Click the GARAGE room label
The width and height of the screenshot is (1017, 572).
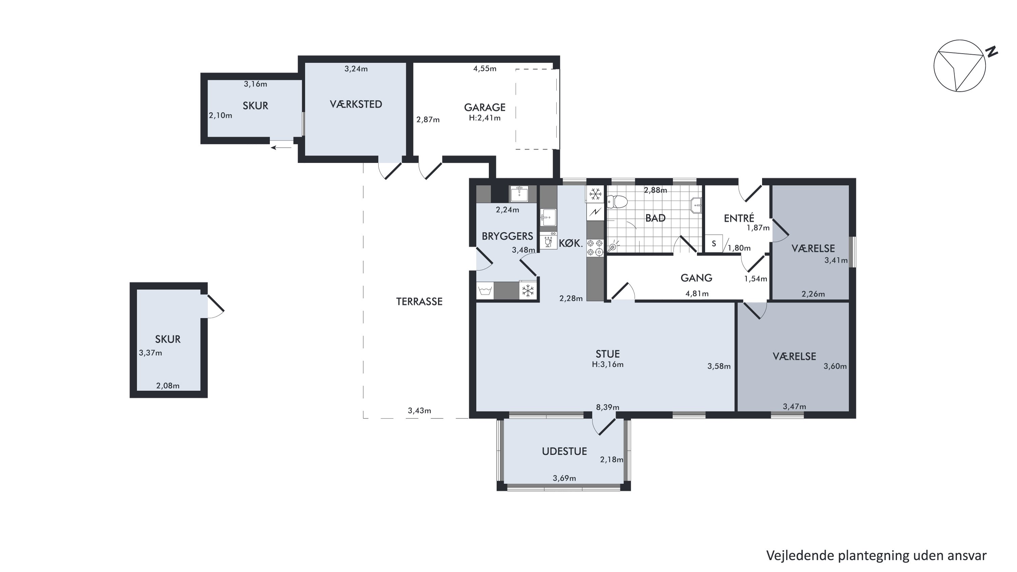(x=484, y=107)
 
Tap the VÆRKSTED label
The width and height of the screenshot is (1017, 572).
(x=356, y=104)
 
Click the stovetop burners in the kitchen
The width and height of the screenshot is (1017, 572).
(x=595, y=248)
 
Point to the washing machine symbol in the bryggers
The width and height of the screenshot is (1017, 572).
(x=485, y=291)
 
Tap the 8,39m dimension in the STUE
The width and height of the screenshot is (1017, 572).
(x=607, y=407)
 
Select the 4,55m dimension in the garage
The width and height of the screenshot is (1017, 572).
(x=485, y=69)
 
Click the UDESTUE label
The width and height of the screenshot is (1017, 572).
(x=564, y=451)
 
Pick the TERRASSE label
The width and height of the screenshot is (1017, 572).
(x=419, y=301)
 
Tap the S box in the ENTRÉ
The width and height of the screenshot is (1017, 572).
(x=714, y=243)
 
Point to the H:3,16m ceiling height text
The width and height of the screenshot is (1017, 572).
(x=607, y=364)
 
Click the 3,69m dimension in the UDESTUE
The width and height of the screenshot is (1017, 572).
(x=564, y=478)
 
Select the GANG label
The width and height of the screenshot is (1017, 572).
(x=696, y=278)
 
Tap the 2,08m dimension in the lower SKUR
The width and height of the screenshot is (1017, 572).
(x=168, y=386)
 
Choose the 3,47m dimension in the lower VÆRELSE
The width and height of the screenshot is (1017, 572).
(x=794, y=406)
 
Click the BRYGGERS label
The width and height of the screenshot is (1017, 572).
(x=507, y=236)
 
